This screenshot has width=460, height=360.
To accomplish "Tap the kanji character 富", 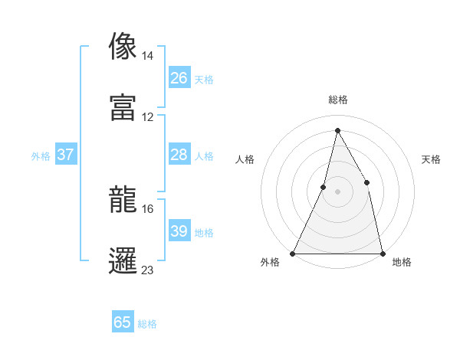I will [x=123, y=106].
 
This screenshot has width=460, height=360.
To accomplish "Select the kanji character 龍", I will [x=123, y=199].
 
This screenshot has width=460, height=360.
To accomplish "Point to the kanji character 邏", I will [x=123, y=260].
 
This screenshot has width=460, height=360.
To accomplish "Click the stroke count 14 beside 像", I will [x=148, y=56].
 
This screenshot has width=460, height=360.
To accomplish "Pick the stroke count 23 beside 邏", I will [x=148, y=270].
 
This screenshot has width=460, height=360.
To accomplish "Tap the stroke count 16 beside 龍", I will [x=148, y=208].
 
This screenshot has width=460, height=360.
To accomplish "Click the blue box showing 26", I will [x=179, y=78].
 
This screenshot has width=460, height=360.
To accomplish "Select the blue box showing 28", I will [x=179, y=155].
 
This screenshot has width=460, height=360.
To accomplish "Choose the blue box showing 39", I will [x=179, y=231].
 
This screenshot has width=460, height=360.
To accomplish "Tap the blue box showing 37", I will [x=66, y=155].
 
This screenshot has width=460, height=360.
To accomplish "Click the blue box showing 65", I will [x=123, y=323].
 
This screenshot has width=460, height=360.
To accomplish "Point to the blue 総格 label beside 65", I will [x=148, y=324].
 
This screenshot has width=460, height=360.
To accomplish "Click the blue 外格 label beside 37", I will [x=41, y=155].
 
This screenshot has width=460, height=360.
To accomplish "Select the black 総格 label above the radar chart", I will [x=337, y=100].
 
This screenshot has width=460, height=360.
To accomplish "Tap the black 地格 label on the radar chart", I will [x=402, y=263].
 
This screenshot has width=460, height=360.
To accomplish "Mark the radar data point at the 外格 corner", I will [x=294, y=253].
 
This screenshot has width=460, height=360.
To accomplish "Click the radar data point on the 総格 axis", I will [x=337, y=130].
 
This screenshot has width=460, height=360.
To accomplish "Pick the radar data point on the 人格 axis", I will [x=324, y=187].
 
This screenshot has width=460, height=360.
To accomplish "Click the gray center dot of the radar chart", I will [x=337, y=191].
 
